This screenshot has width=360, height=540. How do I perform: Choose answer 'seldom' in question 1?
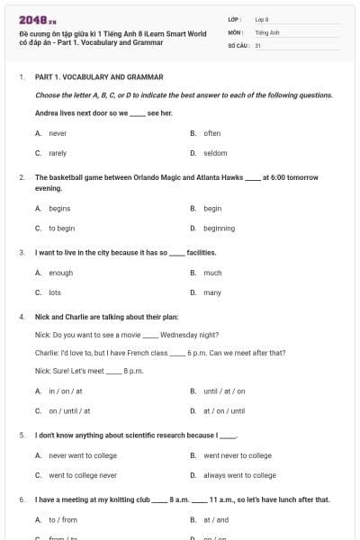click(x=215, y=153)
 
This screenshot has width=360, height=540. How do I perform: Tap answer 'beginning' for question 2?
click(x=219, y=229)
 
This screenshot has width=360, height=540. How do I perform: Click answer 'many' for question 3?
click(x=212, y=292)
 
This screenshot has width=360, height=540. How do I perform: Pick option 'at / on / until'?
click(x=224, y=410)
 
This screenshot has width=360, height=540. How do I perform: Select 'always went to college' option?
click(x=239, y=475)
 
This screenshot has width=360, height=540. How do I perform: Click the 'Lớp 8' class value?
click(x=262, y=19)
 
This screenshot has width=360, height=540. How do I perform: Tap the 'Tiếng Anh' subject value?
click(x=265, y=31)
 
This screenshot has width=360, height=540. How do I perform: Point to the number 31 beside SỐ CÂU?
click(x=258, y=45)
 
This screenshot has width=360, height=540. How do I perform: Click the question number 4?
click(x=21, y=317)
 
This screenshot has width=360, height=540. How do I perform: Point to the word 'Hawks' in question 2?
click(x=232, y=177)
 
